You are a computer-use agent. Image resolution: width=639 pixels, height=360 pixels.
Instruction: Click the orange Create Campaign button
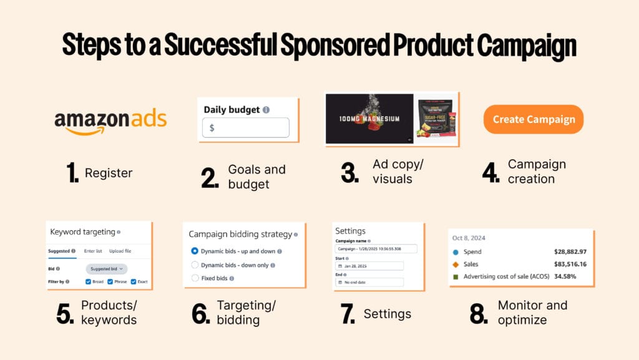[534, 119]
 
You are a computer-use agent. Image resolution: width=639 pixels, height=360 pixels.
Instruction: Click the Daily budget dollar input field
[246, 127]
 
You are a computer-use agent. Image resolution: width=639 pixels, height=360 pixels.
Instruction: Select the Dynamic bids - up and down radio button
[195, 251]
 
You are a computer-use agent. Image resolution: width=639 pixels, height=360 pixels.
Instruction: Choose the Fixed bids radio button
[195, 278]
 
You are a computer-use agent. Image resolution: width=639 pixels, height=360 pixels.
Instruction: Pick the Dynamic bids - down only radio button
[195, 265]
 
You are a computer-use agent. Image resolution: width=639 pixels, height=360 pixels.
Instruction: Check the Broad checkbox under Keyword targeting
[89, 281]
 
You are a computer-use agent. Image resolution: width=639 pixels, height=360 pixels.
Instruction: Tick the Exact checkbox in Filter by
[134, 281]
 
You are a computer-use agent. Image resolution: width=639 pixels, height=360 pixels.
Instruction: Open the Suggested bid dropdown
[106, 268]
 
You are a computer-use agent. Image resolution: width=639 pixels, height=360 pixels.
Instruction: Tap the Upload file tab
[120, 251]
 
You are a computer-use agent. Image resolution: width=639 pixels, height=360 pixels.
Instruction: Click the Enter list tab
[94, 251]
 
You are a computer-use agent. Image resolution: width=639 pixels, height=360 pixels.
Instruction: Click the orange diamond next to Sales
[456, 264]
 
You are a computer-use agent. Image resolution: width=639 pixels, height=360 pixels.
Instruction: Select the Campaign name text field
[369, 248]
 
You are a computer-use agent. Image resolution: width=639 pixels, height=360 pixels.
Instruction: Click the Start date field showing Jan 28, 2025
[369, 266]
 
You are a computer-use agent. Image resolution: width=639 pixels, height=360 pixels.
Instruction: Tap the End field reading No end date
[369, 282]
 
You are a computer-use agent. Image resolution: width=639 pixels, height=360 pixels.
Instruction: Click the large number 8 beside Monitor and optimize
[479, 313]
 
